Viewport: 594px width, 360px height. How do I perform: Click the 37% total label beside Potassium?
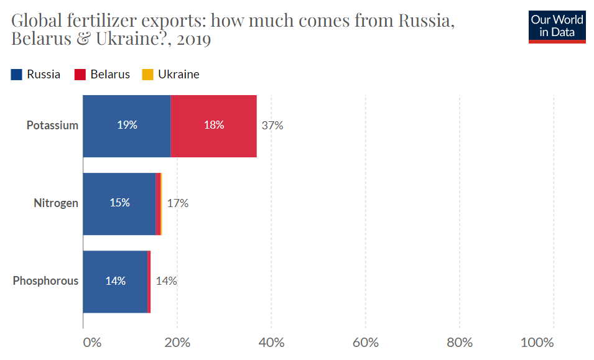(x=272, y=126)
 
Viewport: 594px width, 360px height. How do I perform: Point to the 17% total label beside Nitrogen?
(x=178, y=203)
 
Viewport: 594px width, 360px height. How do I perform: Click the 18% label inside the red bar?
(x=214, y=125)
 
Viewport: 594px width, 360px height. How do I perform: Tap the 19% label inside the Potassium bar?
(x=127, y=125)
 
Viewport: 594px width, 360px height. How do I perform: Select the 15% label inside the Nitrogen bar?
(x=119, y=203)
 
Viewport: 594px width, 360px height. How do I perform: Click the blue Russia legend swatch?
(x=17, y=75)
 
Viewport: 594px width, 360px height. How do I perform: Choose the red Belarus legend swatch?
(x=80, y=75)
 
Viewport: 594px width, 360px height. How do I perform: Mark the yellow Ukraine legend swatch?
(x=147, y=75)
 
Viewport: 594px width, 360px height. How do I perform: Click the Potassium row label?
(x=52, y=126)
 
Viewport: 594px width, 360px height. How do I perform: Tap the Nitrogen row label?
(x=56, y=203)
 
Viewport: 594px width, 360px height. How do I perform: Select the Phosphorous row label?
(x=45, y=281)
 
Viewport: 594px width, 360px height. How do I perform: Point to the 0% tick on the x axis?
(x=91, y=343)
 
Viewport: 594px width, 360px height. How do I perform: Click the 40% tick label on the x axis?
(x=271, y=343)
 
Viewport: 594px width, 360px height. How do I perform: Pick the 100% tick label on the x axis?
(x=537, y=343)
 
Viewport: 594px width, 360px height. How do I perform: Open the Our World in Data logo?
(x=557, y=26)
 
